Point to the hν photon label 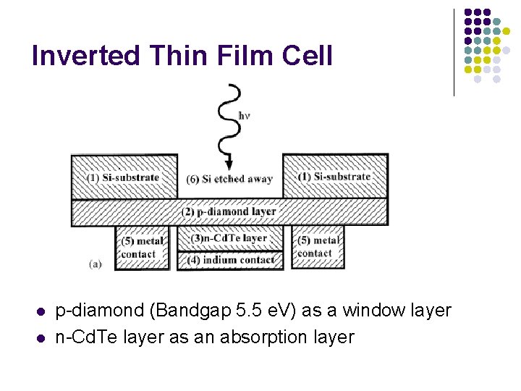(x=245, y=115)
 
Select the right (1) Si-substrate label (x=334, y=177)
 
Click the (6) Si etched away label (x=229, y=179)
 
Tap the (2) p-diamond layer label (x=229, y=211)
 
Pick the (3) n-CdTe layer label (x=229, y=237)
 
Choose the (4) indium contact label (x=230, y=259)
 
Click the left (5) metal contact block (x=141, y=247)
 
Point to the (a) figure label (x=95, y=264)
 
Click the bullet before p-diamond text (x=41, y=312)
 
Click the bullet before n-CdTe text (x=41, y=337)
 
